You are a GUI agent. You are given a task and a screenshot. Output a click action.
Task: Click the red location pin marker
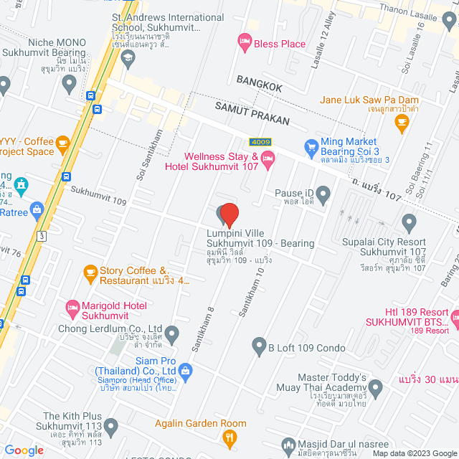point(229,215)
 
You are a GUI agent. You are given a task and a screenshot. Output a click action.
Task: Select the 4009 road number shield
point(260,141)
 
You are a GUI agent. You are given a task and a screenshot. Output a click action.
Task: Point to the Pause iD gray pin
point(323,193)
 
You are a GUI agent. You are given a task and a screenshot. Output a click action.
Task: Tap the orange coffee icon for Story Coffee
point(90,271)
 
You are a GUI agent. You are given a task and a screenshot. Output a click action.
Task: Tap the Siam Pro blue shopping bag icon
point(186,370)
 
